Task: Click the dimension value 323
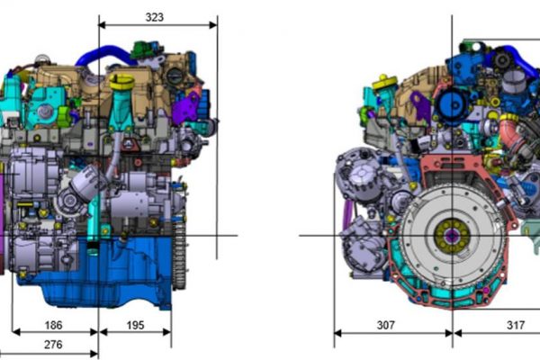tap(154, 17)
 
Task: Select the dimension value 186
tap(54, 325)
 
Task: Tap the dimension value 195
tap(135, 325)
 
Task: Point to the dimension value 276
tap(53, 344)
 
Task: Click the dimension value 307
tap(386, 325)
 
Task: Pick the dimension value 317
tap(516, 325)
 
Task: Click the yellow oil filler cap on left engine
tap(121, 82)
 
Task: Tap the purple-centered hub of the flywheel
tap(452, 236)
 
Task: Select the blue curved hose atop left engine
tap(103, 54)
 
